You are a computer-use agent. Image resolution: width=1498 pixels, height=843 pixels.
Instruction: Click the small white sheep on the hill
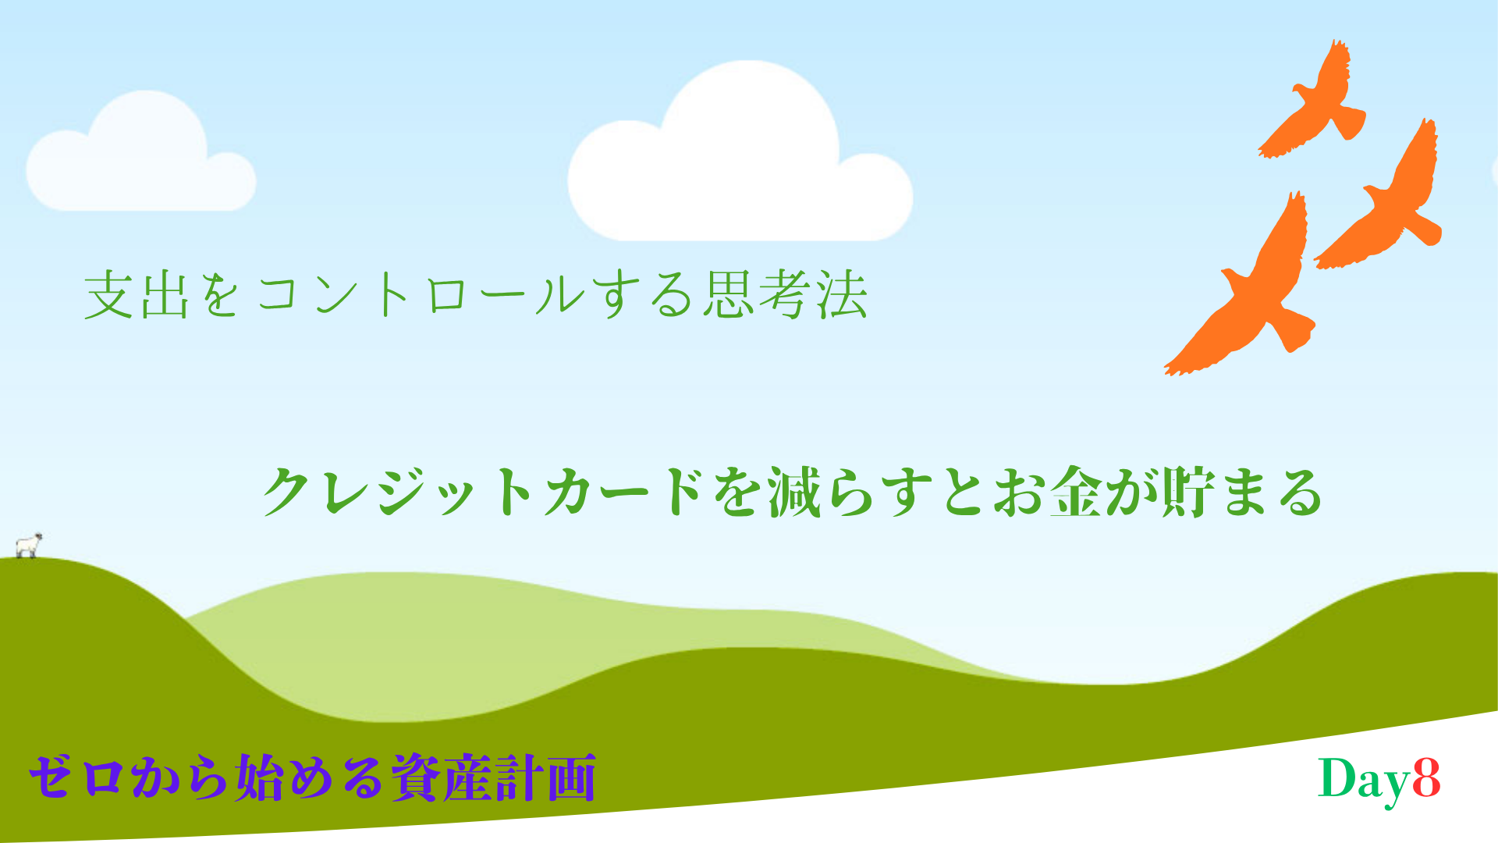point(29,546)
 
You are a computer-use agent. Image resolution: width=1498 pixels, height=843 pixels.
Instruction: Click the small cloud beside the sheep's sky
point(141,152)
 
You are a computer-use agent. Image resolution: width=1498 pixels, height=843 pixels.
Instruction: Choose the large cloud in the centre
point(740,152)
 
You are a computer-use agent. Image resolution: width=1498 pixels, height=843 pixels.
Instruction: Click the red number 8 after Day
point(1425,778)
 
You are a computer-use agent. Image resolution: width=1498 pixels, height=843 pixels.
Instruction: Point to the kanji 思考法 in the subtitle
point(785,295)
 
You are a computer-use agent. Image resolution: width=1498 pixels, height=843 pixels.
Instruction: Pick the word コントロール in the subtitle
point(421,296)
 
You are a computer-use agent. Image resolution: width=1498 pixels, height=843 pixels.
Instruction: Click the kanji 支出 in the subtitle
point(137,295)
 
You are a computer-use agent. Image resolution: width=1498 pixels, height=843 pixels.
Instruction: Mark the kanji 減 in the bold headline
point(794,492)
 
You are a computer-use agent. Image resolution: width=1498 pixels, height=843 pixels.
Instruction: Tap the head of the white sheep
point(37,538)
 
